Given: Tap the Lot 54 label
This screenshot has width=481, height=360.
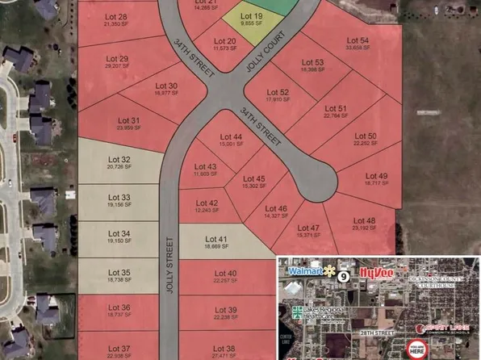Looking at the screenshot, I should (358, 40).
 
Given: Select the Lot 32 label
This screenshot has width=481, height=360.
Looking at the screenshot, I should (119, 159).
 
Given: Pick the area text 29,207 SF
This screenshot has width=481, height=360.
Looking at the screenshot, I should (118, 67).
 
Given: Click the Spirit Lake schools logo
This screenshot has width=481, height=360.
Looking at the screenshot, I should (441, 329).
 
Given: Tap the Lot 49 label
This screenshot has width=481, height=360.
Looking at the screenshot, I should (376, 175).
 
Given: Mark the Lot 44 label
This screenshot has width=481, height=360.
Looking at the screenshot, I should (231, 137).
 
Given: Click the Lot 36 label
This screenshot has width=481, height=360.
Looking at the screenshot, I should (119, 308).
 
